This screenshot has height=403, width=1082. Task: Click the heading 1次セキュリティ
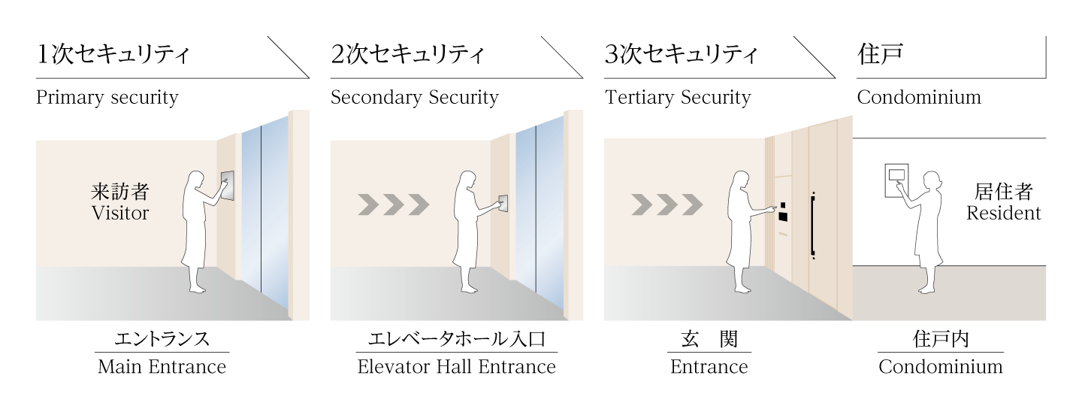[113, 55]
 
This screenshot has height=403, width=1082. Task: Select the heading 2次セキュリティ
[407, 55]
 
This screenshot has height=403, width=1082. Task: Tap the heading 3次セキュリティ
[681, 55]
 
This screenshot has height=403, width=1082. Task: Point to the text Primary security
[107, 98]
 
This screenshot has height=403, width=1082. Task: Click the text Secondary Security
[414, 98]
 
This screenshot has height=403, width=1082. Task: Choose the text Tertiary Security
[677, 98]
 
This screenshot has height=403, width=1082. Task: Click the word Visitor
[120, 213]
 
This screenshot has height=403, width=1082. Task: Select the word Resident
[1004, 213]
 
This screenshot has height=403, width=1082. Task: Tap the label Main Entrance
[162, 367]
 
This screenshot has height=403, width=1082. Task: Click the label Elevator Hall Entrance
[457, 367]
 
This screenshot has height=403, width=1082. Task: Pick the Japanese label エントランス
[162, 339]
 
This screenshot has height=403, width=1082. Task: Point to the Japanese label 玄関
[709, 339]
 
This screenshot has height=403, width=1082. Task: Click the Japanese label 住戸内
[941, 339]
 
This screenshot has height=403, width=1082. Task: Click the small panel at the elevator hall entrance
[503, 203]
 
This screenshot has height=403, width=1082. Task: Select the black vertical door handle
[812, 226]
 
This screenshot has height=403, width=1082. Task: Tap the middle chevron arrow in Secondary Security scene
[394, 204]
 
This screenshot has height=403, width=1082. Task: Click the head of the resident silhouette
[932, 181]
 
